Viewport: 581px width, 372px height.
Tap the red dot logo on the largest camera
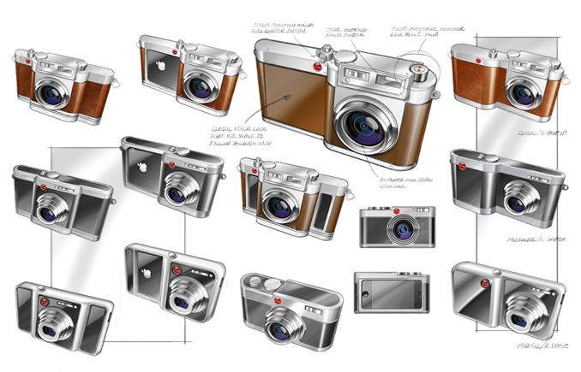pyautogui.click(x=318, y=68)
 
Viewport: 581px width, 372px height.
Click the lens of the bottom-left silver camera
pyautogui.click(x=55, y=328)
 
